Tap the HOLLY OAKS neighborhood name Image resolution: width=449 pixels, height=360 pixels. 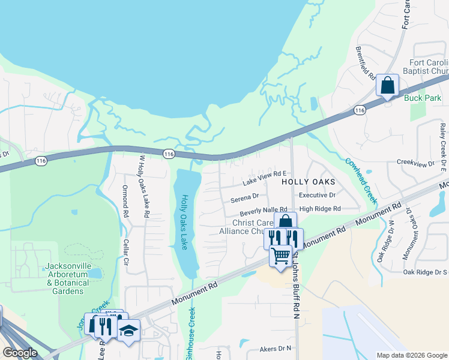[308, 181]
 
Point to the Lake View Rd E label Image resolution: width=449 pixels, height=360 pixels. [265, 178]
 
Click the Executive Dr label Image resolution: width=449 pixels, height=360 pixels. [317, 196]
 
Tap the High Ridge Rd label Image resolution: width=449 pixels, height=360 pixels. [320, 209]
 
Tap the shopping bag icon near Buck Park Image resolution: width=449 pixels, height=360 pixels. [388, 85]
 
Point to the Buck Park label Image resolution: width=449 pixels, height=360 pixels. [423, 98]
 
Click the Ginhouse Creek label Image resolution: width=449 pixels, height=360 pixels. [193, 334]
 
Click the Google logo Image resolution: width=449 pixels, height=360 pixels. [20, 353]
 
